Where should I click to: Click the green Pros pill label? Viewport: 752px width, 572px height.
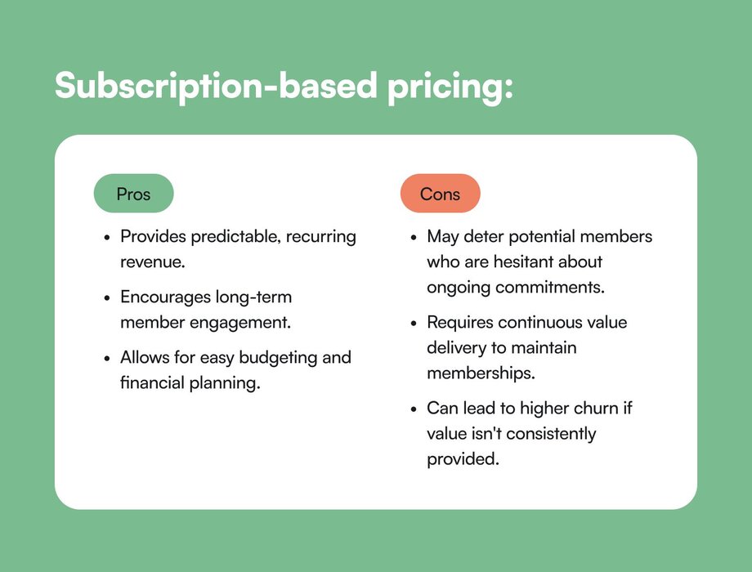coord(133,193)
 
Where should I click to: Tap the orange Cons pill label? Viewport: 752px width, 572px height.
coord(441,193)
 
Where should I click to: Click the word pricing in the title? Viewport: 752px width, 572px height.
coord(450,87)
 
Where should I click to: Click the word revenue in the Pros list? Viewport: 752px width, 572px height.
coord(153,262)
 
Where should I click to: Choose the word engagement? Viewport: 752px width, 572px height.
coord(240,323)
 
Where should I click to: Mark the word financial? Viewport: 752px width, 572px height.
coord(152,382)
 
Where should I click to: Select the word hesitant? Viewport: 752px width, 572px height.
coord(526,261)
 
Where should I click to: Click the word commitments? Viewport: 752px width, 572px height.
coord(549,287)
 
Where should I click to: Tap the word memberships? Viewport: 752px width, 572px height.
coord(481,373)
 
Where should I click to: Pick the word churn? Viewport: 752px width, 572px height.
coord(596,408)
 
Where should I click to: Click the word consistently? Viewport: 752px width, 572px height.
coord(551,434)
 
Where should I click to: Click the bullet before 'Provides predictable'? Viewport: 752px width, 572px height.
coord(107,237)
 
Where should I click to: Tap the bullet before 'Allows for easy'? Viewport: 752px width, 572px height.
coord(107,359)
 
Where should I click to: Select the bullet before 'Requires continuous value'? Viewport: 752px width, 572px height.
coord(414,324)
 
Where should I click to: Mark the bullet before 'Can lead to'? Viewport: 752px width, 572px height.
coord(414,409)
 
